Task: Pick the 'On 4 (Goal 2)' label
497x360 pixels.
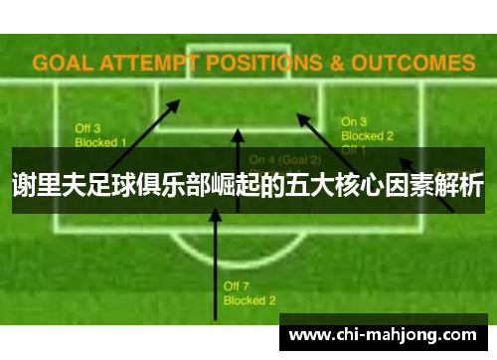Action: tap(285, 159)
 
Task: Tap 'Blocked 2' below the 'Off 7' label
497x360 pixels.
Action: tap(249, 299)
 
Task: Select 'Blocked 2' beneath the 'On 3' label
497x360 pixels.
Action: tap(368, 135)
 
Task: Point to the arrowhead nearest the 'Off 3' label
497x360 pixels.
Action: tap(175, 101)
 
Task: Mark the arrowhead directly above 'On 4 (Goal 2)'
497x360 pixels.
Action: tap(238, 133)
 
